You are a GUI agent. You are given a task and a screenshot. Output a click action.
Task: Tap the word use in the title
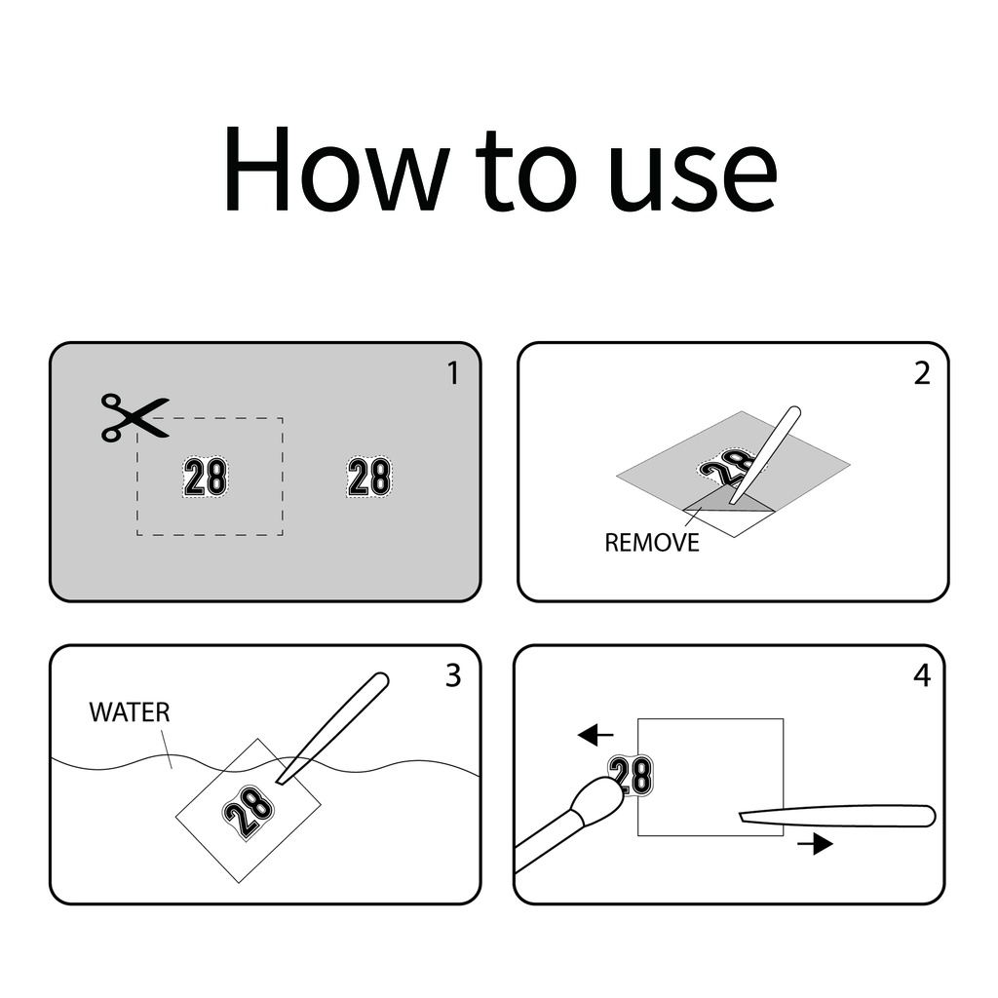click(x=693, y=178)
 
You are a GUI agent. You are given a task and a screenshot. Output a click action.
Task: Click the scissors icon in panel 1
click(x=134, y=417)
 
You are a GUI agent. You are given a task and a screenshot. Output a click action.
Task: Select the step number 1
click(x=453, y=373)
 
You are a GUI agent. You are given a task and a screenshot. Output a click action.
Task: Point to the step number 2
click(x=922, y=373)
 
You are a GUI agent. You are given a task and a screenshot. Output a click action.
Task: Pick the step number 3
click(x=453, y=675)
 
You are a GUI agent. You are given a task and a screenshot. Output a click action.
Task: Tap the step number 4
click(x=922, y=675)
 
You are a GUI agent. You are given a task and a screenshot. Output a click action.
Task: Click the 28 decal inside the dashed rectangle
click(x=205, y=477)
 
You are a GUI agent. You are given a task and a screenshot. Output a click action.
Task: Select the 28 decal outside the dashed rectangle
click(x=369, y=477)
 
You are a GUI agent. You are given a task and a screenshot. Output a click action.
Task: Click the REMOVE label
click(x=652, y=543)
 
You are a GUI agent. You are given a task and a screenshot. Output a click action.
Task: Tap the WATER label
click(x=130, y=712)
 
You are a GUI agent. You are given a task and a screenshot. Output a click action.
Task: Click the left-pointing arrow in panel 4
click(x=595, y=735)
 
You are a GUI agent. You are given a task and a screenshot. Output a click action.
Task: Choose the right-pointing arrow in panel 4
click(x=816, y=845)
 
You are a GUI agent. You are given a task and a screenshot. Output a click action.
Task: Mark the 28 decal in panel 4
click(x=632, y=775)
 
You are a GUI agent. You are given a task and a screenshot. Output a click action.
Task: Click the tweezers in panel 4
click(x=837, y=817)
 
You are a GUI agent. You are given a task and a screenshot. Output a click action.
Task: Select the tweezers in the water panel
click(x=332, y=728)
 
